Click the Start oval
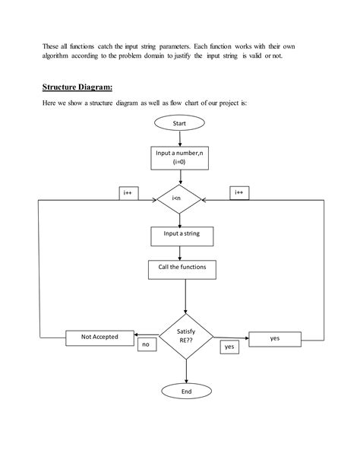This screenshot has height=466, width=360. point(180,122)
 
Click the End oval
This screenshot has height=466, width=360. point(186,392)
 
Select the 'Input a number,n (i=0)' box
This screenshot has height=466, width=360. point(180,157)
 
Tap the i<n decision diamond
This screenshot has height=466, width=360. point(180,199)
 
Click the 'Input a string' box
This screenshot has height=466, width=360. point(181,235)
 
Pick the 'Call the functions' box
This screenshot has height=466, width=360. point(182,268)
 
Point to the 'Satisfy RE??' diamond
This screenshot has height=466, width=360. point(186,337)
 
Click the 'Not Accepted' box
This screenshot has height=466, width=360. point(99,337)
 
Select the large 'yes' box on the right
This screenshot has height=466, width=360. point(274,339)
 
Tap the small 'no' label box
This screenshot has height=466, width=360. point(147,345)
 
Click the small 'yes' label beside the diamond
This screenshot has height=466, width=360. point(229,347)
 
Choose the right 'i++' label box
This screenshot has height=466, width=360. point(238,193)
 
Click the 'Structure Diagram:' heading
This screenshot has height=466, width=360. point(77,87)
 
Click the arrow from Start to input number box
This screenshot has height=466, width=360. point(180,138)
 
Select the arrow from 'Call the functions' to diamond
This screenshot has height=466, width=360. point(186,295)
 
